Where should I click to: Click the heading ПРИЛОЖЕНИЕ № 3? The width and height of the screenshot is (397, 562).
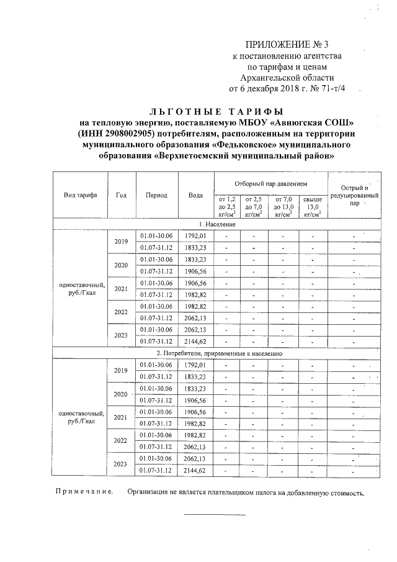(x=285, y=44)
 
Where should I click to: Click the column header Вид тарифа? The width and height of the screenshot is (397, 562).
(x=80, y=194)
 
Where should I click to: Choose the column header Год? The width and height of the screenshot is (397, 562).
(x=122, y=194)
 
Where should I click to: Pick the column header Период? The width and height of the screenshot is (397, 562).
(x=156, y=194)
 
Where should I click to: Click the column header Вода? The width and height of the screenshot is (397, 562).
(x=195, y=194)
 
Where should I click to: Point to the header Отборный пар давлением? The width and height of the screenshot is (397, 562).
(x=270, y=184)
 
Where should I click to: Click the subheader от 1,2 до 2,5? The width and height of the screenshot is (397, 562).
(x=228, y=203)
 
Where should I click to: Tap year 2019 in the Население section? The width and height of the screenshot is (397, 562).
(x=121, y=242)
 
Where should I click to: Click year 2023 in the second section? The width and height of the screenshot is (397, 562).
(x=121, y=464)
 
